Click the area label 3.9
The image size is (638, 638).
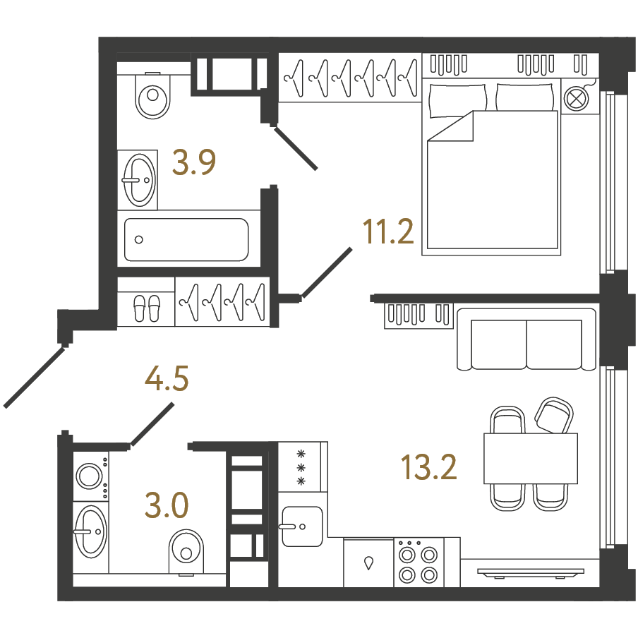click(193, 162)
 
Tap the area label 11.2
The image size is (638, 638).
click(387, 231)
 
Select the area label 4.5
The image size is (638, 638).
click(167, 378)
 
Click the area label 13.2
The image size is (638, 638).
click(429, 467)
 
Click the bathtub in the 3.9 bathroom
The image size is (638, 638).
click(186, 240)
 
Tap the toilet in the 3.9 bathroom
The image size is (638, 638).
click(152, 95)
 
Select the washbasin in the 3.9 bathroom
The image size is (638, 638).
click(139, 180)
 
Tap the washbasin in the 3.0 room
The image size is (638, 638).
click(90, 531)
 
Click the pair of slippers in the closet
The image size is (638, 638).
click(147, 308)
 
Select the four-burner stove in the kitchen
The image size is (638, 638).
click(419, 562)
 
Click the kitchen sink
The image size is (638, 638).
click(302, 526)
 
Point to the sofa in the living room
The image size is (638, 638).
click(526, 339)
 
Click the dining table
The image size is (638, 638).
click(531, 459)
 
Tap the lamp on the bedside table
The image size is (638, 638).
click(577, 98)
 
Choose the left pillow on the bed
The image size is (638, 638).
click(458, 100)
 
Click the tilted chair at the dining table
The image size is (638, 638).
click(554, 416)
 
